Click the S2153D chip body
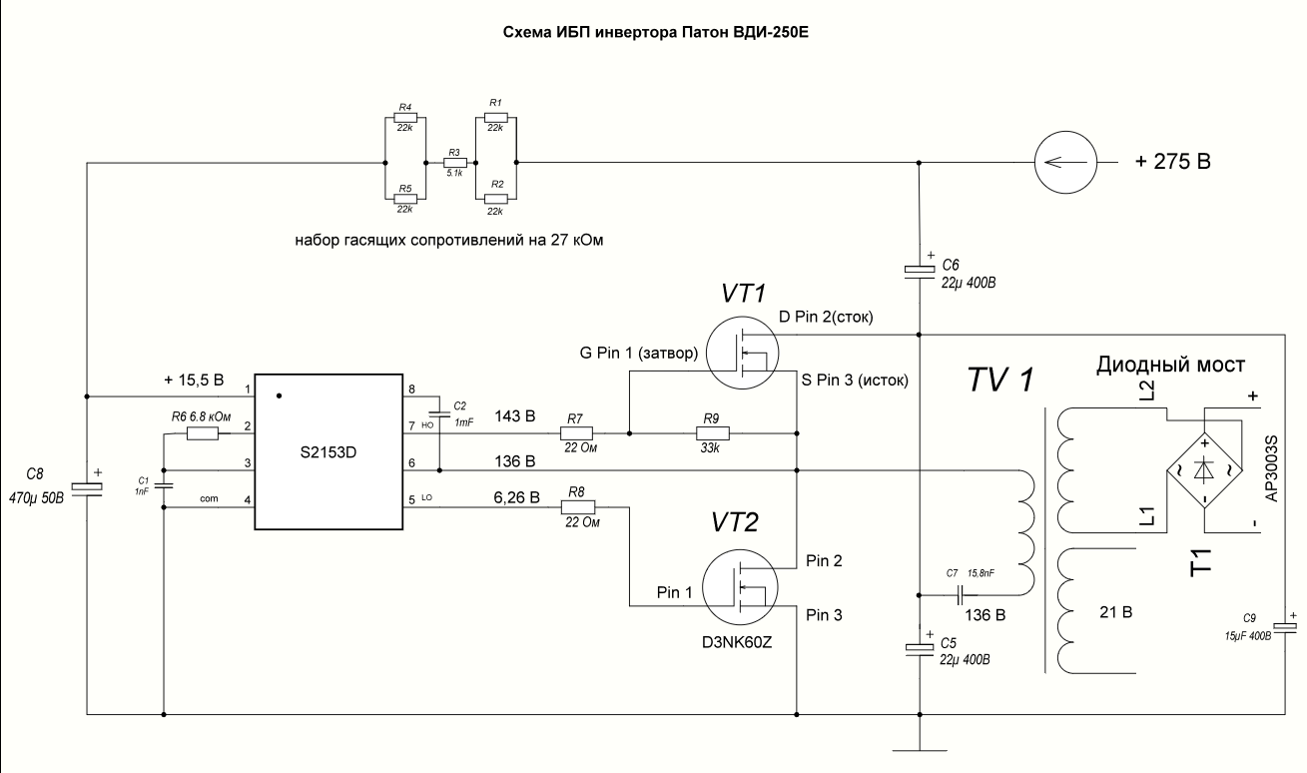coord(327,452)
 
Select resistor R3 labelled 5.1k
coord(454,163)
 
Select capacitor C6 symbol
coord(919,270)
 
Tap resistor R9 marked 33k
coord(713,433)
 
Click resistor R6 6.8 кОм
coord(202,433)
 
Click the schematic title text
coord(652,31)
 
